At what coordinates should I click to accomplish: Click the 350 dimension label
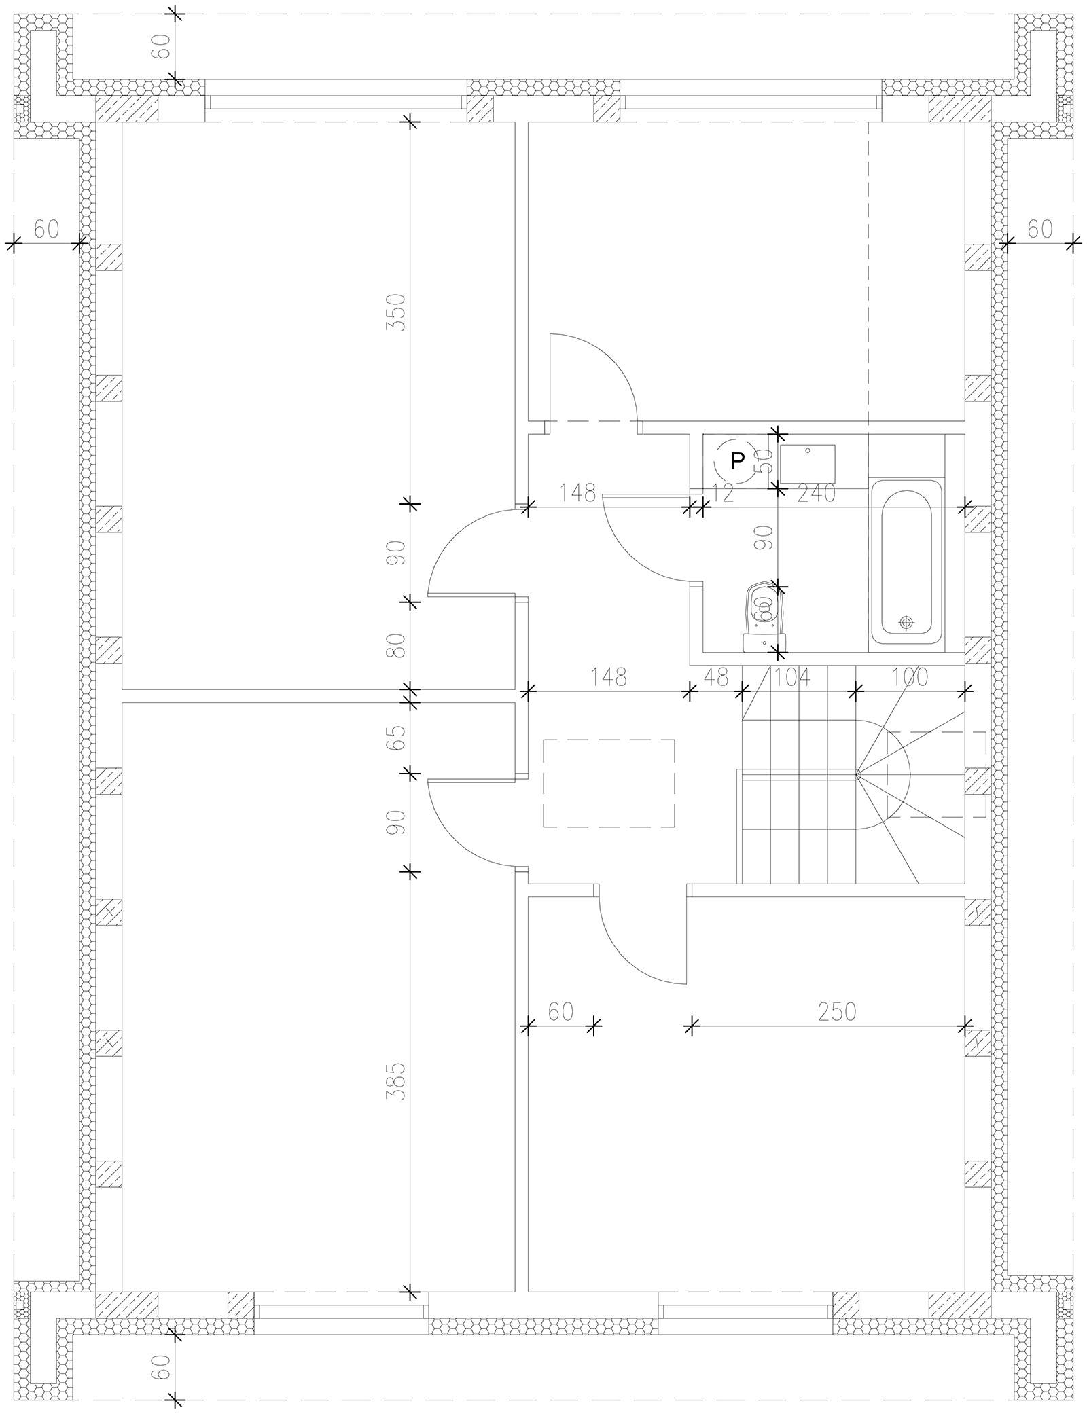pos(395,312)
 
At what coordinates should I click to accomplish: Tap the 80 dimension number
pos(395,645)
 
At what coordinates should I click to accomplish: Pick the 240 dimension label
pos(816,493)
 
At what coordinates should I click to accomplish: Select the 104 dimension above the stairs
pos(791,677)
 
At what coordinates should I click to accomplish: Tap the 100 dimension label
pos(910,677)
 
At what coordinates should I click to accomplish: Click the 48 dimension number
pos(716,677)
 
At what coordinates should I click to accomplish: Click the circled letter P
pos(737,461)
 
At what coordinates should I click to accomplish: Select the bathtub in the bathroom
pos(906,562)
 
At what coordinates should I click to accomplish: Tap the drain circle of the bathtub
pos(906,621)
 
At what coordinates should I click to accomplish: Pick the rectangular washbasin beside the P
pos(808,464)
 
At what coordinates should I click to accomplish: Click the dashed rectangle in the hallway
pos(609,783)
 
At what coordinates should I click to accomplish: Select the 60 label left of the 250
pos(560,1030)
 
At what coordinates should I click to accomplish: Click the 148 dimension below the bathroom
pos(609,677)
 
